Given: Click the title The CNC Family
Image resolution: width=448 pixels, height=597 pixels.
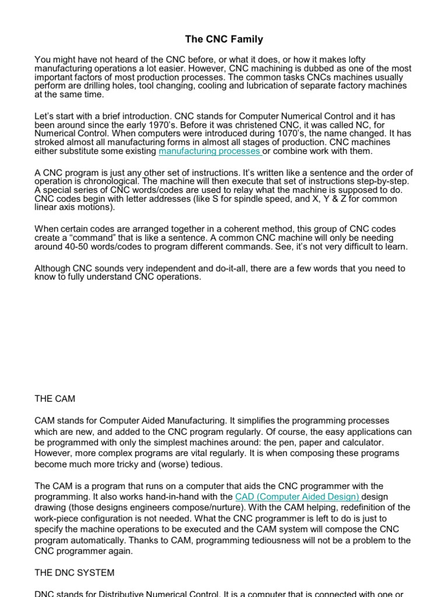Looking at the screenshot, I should (x=224, y=40).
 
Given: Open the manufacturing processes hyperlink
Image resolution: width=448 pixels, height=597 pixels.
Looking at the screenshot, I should (x=209, y=151).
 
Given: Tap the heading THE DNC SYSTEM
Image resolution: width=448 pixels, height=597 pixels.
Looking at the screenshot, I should (x=75, y=573).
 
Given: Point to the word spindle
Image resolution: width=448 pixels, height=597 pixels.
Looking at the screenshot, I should (x=250, y=199).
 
